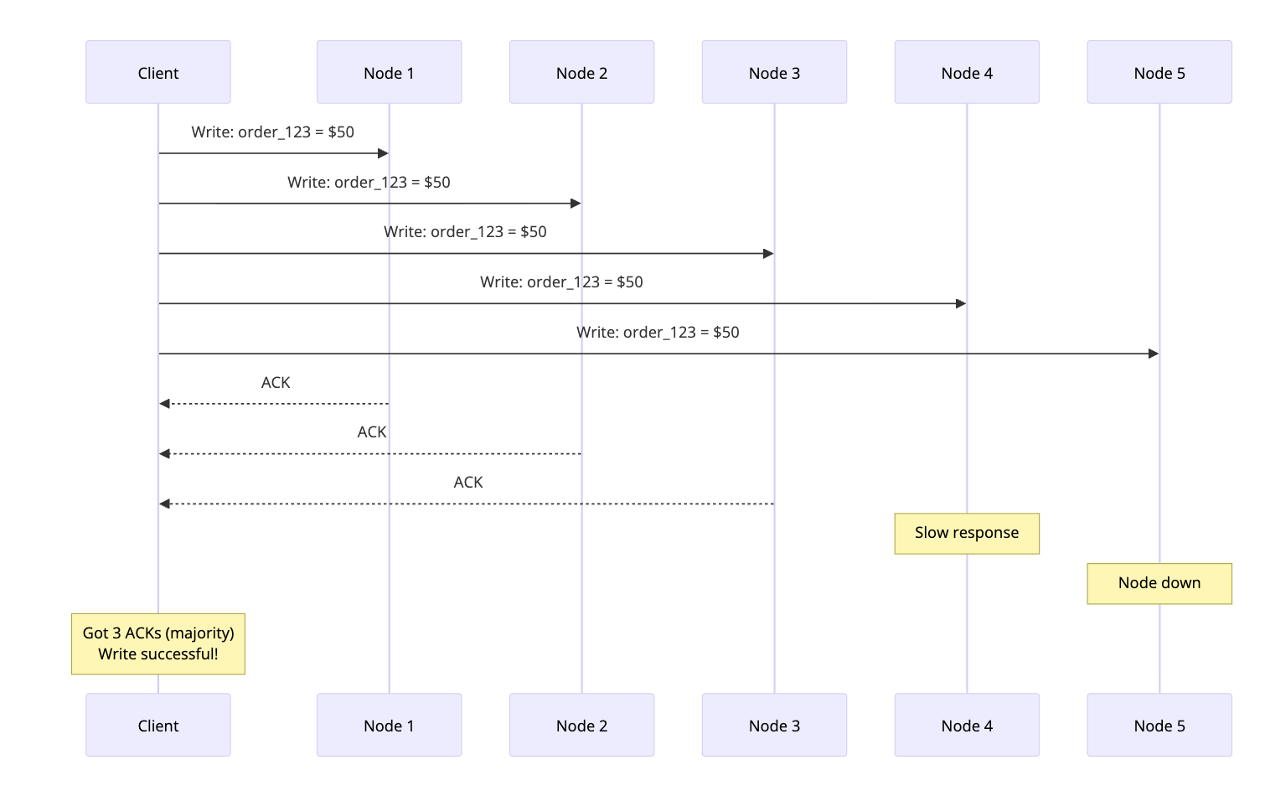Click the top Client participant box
click(158, 73)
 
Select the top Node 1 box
click(389, 73)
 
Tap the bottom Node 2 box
click(581, 726)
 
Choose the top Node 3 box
click(774, 73)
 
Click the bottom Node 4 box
click(967, 726)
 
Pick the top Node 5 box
click(1159, 73)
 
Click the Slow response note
click(967, 533)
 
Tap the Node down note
click(1159, 583)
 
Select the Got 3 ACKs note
click(158, 643)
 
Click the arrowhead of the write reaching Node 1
click(383, 153)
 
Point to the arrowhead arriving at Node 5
click(1154, 354)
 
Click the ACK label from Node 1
click(276, 383)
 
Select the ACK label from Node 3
click(468, 483)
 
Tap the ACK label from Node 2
click(372, 432)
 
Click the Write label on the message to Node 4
click(561, 282)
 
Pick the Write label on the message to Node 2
click(369, 183)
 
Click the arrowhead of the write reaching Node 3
click(768, 253)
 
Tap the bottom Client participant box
click(158, 726)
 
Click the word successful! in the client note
click(178, 654)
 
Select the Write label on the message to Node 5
click(658, 333)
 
